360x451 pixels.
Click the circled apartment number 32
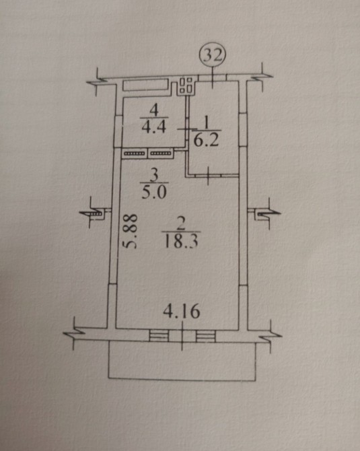pos(213,55)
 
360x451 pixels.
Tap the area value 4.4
pos(154,127)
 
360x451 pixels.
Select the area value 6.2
pos(206,141)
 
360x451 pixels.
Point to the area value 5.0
pos(154,192)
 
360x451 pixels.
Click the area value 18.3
pos(181,242)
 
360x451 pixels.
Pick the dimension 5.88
pos(129,231)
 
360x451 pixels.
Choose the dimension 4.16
pos(182,311)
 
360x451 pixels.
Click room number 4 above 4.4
pos(154,110)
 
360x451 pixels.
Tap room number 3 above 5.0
pos(154,175)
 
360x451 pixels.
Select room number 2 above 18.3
pos(181,223)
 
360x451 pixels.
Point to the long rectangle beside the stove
pos(146,85)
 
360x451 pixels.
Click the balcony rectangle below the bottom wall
pos(182,361)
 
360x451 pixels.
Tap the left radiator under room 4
pos(135,153)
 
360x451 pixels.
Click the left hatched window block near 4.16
pos(159,336)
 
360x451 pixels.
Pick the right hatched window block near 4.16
pos(206,336)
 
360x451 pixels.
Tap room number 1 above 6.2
pos(206,124)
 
